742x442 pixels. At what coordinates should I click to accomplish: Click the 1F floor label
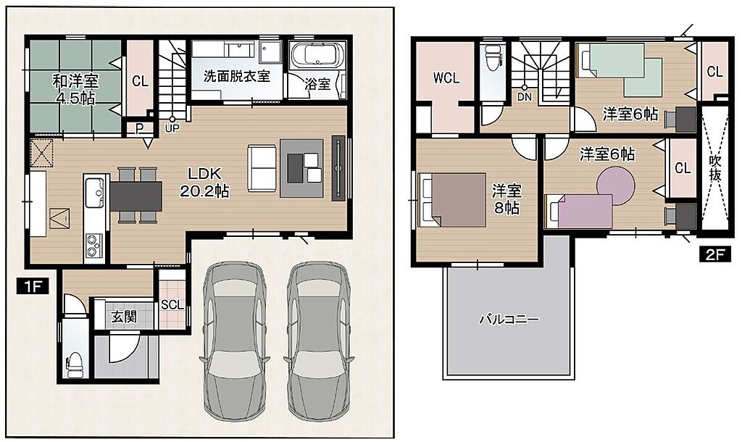click(x=33, y=286)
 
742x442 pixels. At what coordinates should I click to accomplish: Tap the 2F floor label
click(x=715, y=255)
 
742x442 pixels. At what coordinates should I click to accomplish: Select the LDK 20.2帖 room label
click(x=204, y=182)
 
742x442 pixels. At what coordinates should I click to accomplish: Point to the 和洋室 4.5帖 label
click(x=75, y=89)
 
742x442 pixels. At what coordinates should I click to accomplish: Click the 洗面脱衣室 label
click(x=237, y=75)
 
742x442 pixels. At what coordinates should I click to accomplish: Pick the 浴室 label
click(x=317, y=84)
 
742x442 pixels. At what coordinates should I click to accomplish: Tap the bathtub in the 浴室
click(x=318, y=55)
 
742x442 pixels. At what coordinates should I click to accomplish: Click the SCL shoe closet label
click(x=172, y=305)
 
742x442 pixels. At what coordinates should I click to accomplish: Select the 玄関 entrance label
click(x=124, y=317)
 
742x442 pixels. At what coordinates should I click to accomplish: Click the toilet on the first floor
click(x=75, y=365)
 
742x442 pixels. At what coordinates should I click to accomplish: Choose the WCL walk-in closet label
click(x=446, y=78)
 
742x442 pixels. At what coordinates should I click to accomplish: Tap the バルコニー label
click(x=509, y=319)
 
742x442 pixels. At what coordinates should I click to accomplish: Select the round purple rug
click(x=615, y=186)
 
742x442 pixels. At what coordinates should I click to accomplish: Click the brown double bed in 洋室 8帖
click(x=452, y=200)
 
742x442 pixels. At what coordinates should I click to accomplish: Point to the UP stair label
click(x=172, y=128)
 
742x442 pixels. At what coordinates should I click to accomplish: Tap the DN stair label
click(x=525, y=98)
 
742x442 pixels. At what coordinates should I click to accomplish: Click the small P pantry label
click(x=139, y=129)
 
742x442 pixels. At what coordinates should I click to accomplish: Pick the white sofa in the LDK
click(x=261, y=169)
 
